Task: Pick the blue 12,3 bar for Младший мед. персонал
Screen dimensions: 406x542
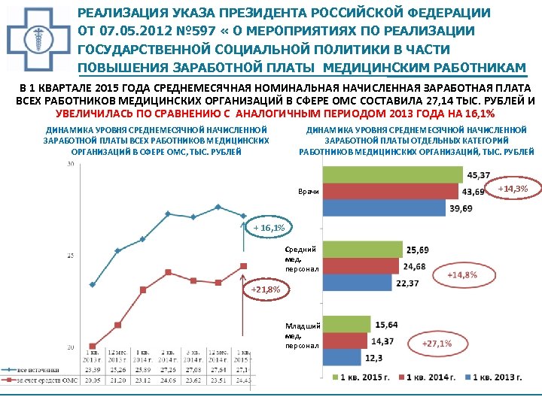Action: click(x=342, y=357)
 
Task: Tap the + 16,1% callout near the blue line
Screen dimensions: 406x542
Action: click(x=269, y=228)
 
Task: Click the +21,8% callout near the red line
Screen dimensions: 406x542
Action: click(x=265, y=289)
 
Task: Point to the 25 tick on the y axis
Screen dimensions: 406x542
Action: click(x=70, y=256)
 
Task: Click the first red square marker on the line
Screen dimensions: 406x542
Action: click(x=92, y=347)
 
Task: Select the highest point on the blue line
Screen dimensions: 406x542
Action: click(x=218, y=206)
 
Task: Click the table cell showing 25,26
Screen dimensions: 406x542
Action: click(x=117, y=370)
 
